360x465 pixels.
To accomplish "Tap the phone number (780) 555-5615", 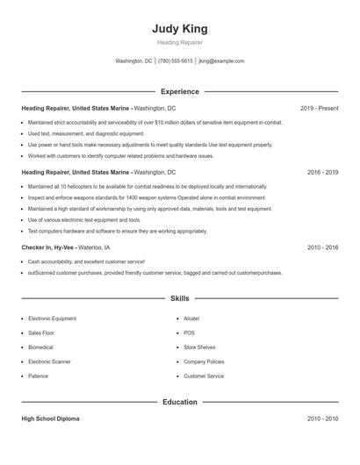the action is [176, 61].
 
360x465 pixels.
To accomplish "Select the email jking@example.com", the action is [221, 61].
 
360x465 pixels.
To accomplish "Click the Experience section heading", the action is [179, 91].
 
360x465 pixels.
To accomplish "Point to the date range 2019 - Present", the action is [319, 108].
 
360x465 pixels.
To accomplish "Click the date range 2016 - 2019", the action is [323, 173].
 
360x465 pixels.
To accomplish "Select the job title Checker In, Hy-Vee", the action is [48, 248].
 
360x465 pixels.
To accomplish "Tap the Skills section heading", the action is [179, 299].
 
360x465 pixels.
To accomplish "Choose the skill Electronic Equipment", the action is [53, 319].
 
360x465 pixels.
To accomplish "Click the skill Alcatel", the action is [191, 319].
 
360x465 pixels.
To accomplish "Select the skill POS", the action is [189, 333].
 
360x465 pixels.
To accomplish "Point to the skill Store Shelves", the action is [199, 347].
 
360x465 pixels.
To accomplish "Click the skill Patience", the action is [38, 376].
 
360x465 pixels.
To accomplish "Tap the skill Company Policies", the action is [204, 361].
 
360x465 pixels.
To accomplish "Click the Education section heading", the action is [179, 402].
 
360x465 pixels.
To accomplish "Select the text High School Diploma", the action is [50, 419].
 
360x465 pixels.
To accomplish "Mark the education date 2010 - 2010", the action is [323, 419].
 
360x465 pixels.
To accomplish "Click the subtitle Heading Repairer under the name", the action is [179, 41].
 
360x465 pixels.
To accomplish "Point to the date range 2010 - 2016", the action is [323, 248].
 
